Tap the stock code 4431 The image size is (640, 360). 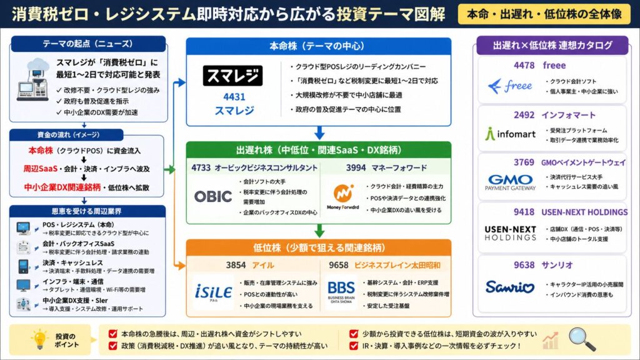coord(234,97)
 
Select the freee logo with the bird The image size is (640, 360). coord(509,86)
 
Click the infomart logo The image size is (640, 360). coord(509,133)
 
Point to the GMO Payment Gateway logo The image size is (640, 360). coord(511,182)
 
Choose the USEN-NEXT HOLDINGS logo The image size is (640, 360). coord(511,232)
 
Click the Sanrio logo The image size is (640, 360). coord(511,287)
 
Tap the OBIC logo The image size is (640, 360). coord(212,196)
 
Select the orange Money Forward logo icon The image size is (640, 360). coord(342,192)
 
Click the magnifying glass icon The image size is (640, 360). coord(582,339)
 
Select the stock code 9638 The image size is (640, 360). coord(524,264)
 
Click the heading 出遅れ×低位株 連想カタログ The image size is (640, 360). coord(552,46)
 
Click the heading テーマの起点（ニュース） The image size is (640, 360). coord(87,44)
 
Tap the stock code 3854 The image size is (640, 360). coord(236,264)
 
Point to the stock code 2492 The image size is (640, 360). coord(524,114)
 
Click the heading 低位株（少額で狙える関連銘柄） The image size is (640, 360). coord(319,247)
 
